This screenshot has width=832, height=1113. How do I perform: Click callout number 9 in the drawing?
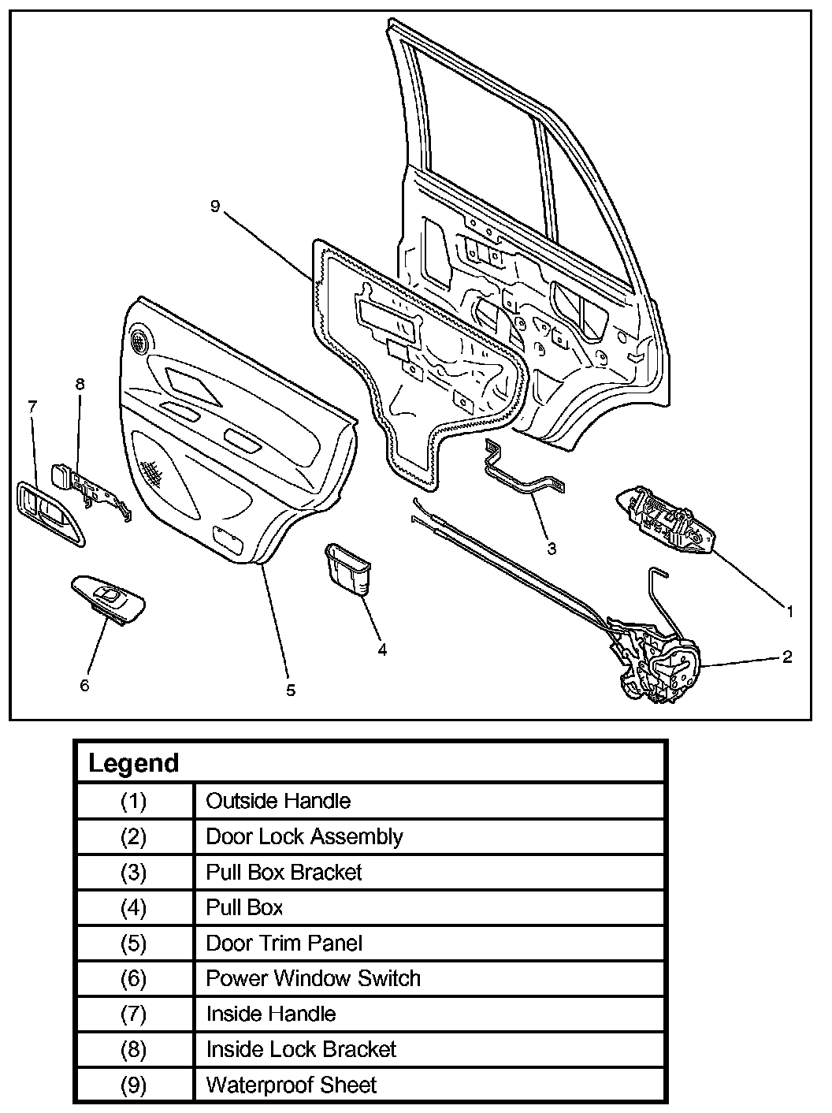click(x=215, y=207)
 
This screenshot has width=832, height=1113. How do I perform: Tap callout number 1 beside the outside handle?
click(x=789, y=610)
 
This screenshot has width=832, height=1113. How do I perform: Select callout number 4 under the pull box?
click(x=382, y=650)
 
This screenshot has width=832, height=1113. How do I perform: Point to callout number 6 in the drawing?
click(x=84, y=685)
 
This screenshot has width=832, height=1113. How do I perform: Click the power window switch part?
click(x=110, y=598)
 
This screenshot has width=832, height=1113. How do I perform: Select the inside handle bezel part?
click(x=47, y=513)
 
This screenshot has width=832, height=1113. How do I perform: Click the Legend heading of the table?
click(x=134, y=763)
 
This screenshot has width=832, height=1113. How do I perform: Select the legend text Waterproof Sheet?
click(x=291, y=1085)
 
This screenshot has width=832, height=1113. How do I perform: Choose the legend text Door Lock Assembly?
click(x=304, y=836)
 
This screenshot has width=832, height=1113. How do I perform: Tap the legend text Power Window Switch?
click(x=313, y=978)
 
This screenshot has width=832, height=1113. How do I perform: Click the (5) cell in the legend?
click(x=134, y=943)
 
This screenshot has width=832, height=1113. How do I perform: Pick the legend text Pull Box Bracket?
click(x=284, y=872)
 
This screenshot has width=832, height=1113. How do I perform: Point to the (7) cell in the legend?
click(x=134, y=1014)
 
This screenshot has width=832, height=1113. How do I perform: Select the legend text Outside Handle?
click(x=278, y=801)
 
